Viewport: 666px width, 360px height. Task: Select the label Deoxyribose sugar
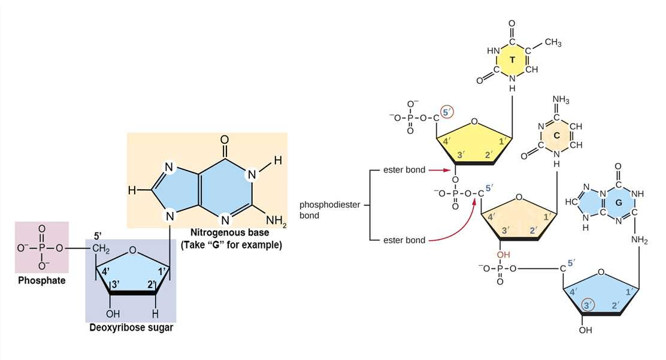(x=131, y=328)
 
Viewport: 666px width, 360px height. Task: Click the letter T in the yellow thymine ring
(x=512, y=60)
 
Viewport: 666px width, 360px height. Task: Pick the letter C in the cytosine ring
(x=556, y=136)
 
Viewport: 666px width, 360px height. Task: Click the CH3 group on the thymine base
(x=552, y=43)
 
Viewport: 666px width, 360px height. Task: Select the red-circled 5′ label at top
(x=447, y=111)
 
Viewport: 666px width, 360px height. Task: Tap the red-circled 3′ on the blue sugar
(x=589, y=305)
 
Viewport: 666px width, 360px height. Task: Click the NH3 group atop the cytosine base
(x=561, y=99)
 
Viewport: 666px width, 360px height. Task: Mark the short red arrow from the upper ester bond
(x=440, y=170)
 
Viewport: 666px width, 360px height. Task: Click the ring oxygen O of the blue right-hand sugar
(x=601, y=271)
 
